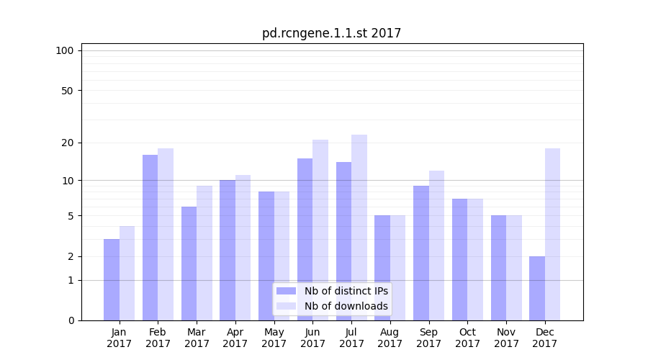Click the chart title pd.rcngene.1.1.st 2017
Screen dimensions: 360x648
[331, 33]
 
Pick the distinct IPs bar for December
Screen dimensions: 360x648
[537, 288]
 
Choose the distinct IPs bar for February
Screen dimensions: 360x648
[150, 238]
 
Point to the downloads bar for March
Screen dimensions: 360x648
[204, 253]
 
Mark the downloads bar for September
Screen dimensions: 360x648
[436, 246]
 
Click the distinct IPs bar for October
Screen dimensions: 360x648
[459, 259]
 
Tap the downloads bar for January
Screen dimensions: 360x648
[127, 273]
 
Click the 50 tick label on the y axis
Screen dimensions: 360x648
[67, 91]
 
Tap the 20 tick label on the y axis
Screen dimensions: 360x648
[67, 143]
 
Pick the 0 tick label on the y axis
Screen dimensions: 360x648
[71, 320]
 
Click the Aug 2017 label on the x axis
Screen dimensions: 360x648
[390, 338]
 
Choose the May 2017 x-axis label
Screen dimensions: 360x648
[274, 338]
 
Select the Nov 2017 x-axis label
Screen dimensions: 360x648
[506, 338]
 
